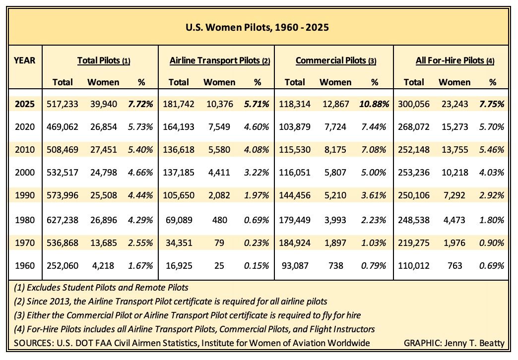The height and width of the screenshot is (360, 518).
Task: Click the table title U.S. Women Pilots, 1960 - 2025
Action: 257,27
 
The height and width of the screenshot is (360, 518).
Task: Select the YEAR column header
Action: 24,60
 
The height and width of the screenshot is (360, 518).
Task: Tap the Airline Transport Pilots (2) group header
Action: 220,60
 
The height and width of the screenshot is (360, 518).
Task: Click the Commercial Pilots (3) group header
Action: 335,60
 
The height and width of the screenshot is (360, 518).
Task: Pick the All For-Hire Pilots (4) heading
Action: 455,60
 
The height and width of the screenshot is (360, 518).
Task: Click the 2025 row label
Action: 25,104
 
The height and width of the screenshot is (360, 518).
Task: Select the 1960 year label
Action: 25,266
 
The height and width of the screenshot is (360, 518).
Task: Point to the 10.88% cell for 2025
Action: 374,104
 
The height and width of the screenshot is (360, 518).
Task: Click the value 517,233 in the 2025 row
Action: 63,104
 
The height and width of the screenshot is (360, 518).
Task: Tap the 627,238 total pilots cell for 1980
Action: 63,220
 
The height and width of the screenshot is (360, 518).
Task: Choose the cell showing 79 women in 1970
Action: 219,243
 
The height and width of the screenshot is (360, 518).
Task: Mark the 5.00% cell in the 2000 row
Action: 374,173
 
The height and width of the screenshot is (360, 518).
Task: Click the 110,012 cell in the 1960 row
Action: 414,266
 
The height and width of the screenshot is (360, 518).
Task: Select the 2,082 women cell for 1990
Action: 219,195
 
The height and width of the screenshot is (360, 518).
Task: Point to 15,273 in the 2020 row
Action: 455,127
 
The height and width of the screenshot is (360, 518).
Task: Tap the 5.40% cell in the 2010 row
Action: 140,150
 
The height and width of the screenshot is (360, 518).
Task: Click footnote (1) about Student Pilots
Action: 101,288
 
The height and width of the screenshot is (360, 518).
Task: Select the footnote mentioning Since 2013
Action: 171,301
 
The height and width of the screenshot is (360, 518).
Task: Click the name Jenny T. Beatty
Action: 474,344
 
